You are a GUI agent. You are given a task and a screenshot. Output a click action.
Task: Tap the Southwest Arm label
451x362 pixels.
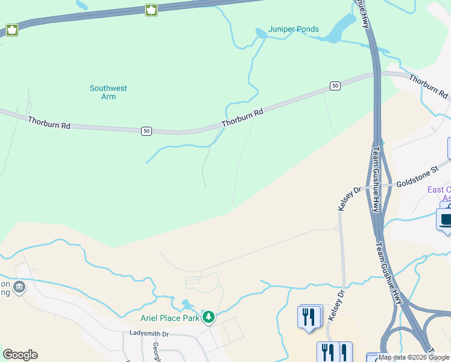coord(109,92)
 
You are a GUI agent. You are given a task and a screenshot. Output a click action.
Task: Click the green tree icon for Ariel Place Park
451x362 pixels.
coord(209,317)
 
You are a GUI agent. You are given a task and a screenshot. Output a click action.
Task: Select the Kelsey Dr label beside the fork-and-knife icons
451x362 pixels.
coord(336,306)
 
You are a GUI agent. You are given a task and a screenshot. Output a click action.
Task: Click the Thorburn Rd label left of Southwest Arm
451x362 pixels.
coord(49,122)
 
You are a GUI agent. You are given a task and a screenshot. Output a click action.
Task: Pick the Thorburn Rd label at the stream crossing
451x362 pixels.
coord(242,117)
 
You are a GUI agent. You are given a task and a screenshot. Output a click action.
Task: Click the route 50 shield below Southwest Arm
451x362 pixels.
coord(146,131)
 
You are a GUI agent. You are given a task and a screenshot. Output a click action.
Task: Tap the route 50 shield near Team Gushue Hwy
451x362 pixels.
coord(335,86)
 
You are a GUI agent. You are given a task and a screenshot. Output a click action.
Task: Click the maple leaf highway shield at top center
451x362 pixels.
coord(151,10)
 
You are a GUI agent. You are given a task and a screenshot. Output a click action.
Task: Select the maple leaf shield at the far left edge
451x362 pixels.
coord(11,30)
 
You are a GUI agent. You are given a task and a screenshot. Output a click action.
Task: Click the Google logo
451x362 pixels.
coord(20,355)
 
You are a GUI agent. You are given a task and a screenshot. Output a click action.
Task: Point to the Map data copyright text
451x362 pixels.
coord(414,357)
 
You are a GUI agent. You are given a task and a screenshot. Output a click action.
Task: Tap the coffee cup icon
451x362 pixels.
coord(446,220)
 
